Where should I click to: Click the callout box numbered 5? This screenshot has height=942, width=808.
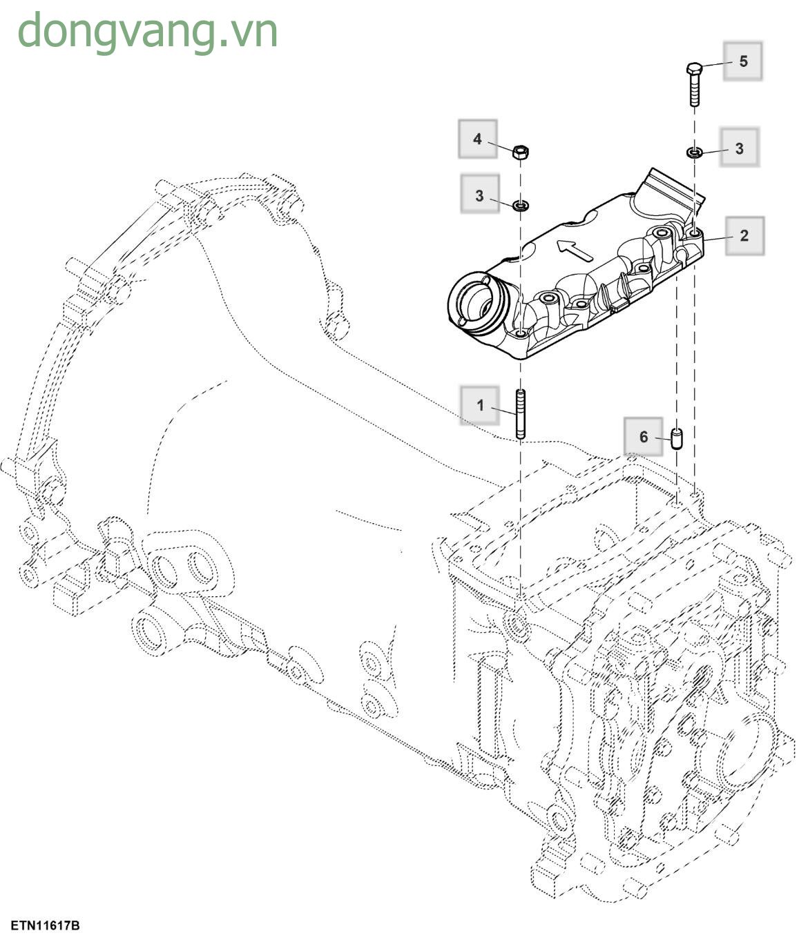coord(743,61)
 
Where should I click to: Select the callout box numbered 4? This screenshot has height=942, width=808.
coord(477,139)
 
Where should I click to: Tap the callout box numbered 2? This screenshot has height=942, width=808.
coord(744,236)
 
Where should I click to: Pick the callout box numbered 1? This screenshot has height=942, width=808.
coord(480,405)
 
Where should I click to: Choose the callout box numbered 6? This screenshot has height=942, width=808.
coord(643,437)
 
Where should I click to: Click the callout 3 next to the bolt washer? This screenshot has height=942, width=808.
coord(739,148)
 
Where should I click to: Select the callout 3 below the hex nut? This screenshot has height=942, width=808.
coord(480,196)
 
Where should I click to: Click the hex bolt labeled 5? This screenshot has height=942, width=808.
coord(695,84)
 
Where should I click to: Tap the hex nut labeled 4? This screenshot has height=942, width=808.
coord(521,152)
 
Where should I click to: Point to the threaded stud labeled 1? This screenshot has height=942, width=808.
coord(520,414)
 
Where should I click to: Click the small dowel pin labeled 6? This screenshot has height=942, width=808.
coord(677,438)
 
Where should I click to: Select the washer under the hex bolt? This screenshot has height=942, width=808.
coord(695,152)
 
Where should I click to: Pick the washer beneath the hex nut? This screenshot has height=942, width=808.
coord(521,205)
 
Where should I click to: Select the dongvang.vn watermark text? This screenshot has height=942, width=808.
coord(147,31)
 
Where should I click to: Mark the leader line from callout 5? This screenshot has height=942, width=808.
coord(713,65)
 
